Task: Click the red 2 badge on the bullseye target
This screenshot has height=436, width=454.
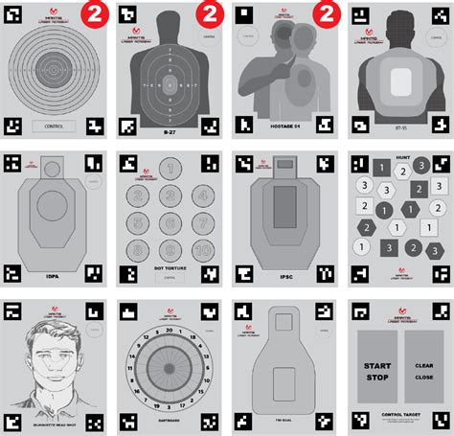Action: pos(94,14)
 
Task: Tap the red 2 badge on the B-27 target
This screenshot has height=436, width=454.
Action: pos(209,14)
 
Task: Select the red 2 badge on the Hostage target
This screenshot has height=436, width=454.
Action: pos(324,14)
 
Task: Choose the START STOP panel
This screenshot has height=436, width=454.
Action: pos(376,372)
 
